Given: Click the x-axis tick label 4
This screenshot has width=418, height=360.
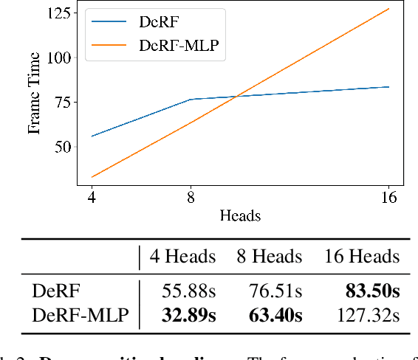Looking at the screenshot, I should click(x=92, y=197).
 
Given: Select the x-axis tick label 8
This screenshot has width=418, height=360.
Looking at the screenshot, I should click(x=191, y=197).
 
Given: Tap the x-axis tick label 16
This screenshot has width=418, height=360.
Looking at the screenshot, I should click(x=388, y=197).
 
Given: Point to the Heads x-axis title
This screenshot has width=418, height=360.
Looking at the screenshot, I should click(x=240, y=215).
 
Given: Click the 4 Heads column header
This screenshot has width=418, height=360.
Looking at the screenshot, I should click(x=182, y=257).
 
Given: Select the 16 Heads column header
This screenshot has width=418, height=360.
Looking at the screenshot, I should click(x=362, y=257).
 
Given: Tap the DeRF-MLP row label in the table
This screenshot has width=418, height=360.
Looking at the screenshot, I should click(x=80, y=316).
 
